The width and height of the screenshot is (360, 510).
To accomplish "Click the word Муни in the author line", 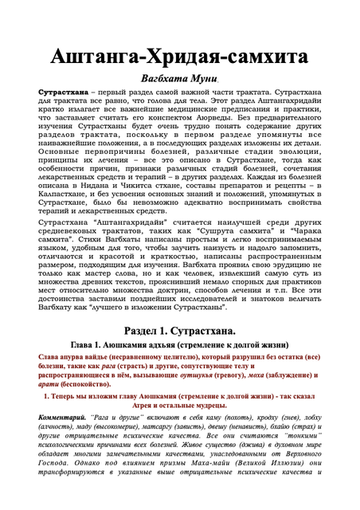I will tap(204, 81).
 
